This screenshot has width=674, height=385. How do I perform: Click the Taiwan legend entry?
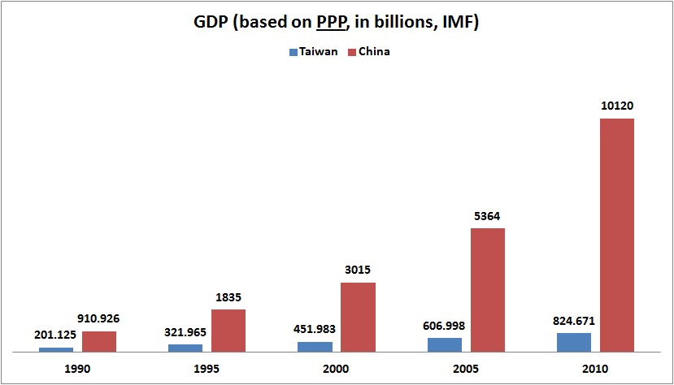[313, 51]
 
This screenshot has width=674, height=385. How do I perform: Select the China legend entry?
[368, 51]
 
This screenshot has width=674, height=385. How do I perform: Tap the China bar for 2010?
[617, 236]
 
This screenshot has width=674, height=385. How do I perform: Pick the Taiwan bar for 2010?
[574, 342]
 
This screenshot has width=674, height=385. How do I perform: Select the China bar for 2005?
[487, 290]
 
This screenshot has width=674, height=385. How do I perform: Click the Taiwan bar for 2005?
[445, 344]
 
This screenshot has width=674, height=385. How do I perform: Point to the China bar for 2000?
[358, 317]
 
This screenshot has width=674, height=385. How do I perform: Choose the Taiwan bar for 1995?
[185, 348]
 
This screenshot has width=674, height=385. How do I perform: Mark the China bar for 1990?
[99, 341]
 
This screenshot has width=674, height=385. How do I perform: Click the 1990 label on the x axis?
[78, 369]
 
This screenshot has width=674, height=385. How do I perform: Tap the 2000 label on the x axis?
[337, 369]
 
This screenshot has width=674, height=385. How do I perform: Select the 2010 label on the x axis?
[595, 369]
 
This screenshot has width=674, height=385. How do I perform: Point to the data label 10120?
[617, 106]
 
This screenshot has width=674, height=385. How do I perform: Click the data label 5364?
[487, 215]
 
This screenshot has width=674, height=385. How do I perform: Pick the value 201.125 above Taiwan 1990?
[56, 335]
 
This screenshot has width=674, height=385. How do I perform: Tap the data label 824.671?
[574, 320]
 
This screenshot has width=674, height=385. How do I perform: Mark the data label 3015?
[358, 270]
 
